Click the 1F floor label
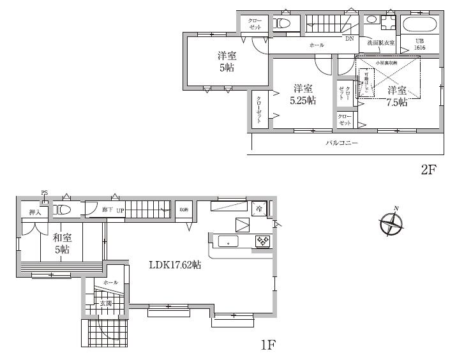coord(268,345)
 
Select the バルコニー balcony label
coord(342,144)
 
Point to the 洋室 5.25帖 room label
coord(303,94)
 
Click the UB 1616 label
coord(420,44)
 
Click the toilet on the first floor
coord(63,209)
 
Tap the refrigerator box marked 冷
coord(260,208)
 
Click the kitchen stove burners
coord(263,241)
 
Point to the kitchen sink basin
coord(228,241)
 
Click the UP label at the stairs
coord(119,209)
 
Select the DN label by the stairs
coord(349,38)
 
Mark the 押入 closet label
coord(27,211)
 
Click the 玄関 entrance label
coord(105,303)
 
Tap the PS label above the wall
coord(44,192)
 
